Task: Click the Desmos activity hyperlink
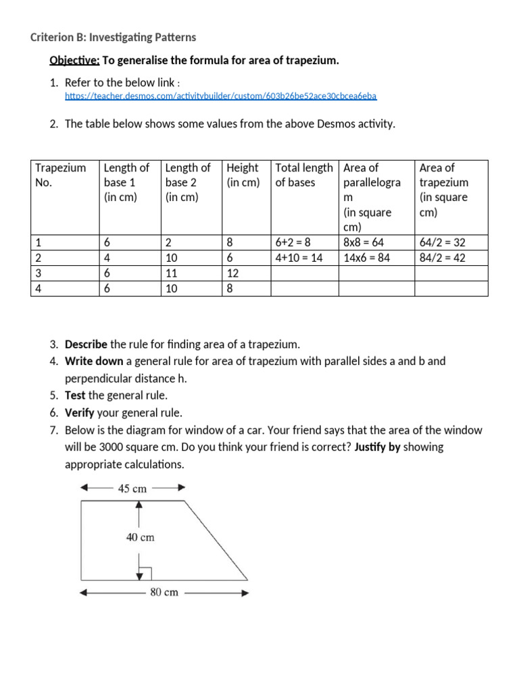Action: point(220,96)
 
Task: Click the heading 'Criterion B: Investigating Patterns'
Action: point(113,37)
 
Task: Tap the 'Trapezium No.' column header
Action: point(61,175)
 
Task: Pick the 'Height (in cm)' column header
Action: point(243,175)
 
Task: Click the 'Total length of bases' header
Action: point(303,175)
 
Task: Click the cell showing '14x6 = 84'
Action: point(366,258)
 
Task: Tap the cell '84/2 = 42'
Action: point(442,258)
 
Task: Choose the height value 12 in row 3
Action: point(233,273)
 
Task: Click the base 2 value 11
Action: point(171,273)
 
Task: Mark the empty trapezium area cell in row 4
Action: point(451,289)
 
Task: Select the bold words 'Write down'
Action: point(94,361)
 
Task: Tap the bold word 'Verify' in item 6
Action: point(80,412)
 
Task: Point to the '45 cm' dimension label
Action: point(132,489)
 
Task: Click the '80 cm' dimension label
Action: point(164,592)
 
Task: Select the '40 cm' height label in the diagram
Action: point(140,537)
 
